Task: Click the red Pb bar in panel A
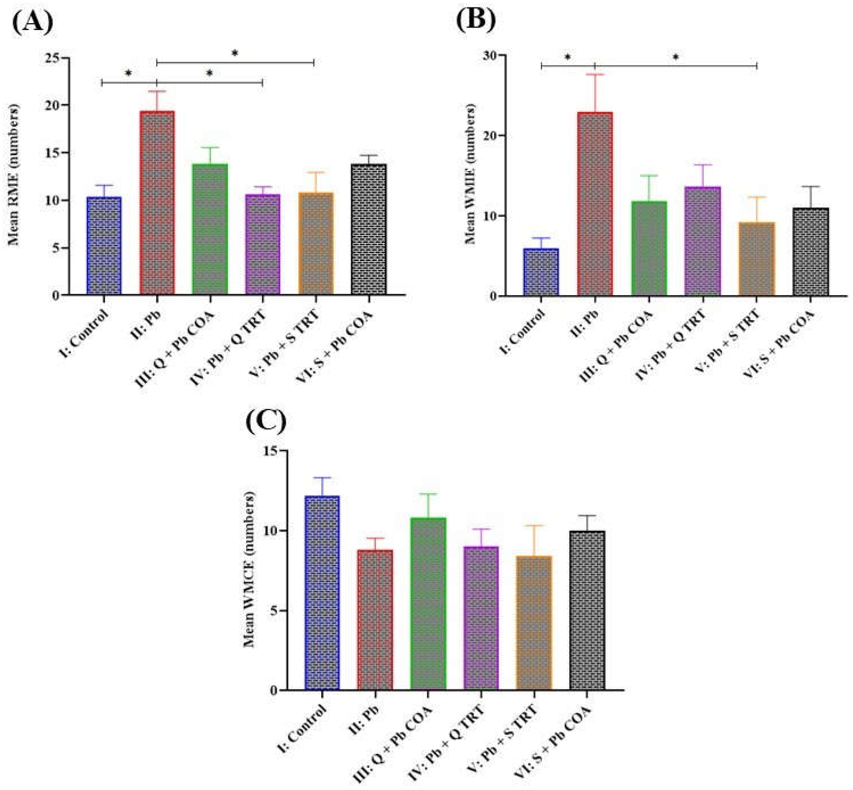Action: (x=157, y=203)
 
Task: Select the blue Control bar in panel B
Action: (x=541, y=272)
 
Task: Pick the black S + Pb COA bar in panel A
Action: (x=369, y=230)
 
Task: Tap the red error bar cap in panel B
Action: (x=595, y=74)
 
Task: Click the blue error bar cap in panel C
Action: (x=322, y=478)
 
